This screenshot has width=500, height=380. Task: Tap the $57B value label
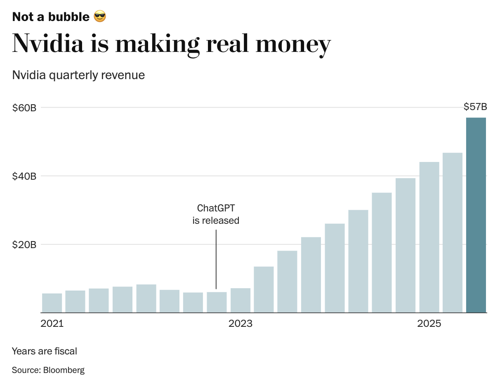click(x=475, y=107)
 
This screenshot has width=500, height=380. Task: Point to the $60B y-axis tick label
click(x=24, y=108)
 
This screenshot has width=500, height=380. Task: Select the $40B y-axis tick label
click(x=24, y=176)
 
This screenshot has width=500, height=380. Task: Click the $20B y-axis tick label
click(x=24, y=245)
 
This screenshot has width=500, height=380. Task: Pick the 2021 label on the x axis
click(x=52, y=324)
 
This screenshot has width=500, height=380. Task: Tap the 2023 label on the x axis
click(x=241, y=324)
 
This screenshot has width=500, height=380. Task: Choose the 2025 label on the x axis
click(x=429, y=324)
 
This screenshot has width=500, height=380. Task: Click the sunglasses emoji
click(x=100, y=17)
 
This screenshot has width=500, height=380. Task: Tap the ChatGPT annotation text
click(x=216, y=208)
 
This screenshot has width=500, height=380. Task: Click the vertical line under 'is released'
click(x=216, y=260)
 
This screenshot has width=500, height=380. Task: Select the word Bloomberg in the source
click(x=64, y=370)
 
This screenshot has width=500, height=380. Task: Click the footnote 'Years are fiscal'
click(x=45, y=351)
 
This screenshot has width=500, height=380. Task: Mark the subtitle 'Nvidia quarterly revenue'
click(x=78, y=75)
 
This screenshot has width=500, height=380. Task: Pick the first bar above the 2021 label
click(x=52, y=303)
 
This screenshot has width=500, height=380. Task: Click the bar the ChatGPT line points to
click(x=217, y=302)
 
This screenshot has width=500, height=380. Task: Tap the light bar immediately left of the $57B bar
click(x=453, y=233)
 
